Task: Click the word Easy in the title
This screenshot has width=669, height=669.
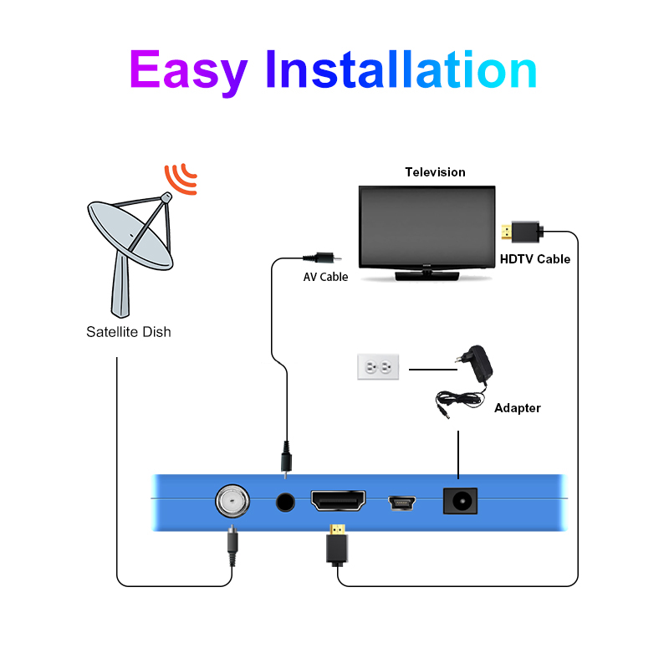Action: [188, 71]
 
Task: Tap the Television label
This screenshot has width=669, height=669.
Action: [435, 172]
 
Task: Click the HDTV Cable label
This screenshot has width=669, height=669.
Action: [535, 259]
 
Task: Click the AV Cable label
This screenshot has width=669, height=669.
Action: [325, 277]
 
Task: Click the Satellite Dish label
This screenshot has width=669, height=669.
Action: [129, 332]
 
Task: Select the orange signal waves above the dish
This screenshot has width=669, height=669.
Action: [181, 177]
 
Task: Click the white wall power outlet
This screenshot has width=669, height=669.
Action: [378, 366]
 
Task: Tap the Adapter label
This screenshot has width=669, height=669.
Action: [518, 408]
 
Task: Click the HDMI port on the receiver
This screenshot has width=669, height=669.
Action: [338, 502]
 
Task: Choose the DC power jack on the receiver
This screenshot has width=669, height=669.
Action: [459, 501]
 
